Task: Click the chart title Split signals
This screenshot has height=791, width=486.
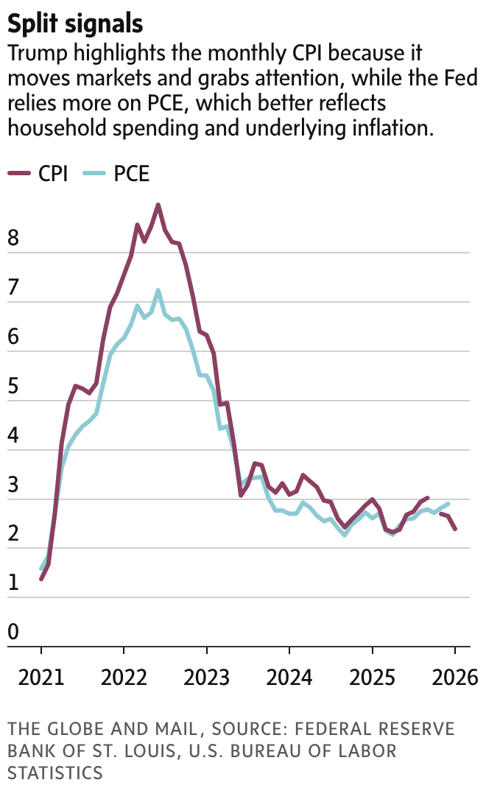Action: click(75, 24)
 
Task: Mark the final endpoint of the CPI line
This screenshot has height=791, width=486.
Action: click(455, 529)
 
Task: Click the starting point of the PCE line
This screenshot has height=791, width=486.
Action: click(40, 569)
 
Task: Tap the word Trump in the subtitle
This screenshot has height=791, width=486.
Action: click(32, 55)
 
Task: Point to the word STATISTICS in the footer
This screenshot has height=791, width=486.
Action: click(55, 773)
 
